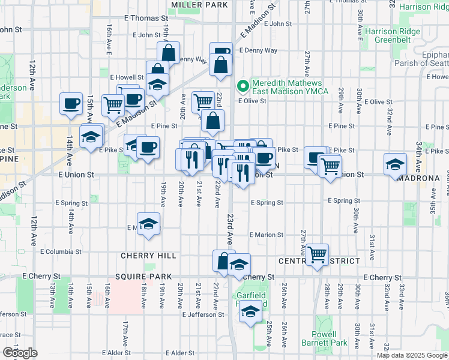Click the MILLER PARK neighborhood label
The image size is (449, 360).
[200, 5]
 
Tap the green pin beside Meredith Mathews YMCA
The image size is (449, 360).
[243, 86]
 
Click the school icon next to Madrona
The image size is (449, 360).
[396, 164]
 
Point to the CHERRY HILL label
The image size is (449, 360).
[148, 256]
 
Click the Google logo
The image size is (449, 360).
[20, 353]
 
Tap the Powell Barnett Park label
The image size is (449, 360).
[330, 338]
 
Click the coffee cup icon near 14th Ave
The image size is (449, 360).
[71, 103]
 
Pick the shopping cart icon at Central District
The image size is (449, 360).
[317, 253]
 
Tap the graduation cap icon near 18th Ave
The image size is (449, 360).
[148, 224]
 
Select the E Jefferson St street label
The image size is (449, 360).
[197, 314]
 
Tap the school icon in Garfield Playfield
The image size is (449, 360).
[251, 311]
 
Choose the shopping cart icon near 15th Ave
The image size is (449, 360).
[113, 105]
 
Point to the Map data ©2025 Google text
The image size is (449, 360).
[412, 355]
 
